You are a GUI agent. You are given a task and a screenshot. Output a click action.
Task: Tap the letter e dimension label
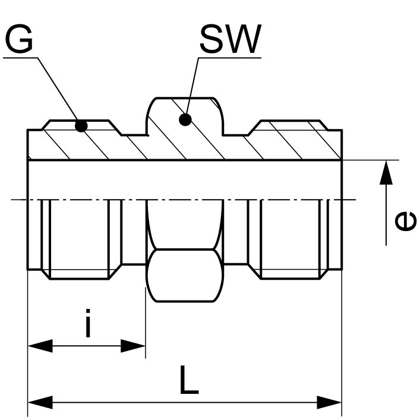[406, 222]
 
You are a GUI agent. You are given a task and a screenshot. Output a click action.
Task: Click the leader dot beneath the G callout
[81, 125]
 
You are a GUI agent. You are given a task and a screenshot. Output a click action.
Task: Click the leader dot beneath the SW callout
[185, 120]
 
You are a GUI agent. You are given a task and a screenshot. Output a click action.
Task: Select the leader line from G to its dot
[58, 90]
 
